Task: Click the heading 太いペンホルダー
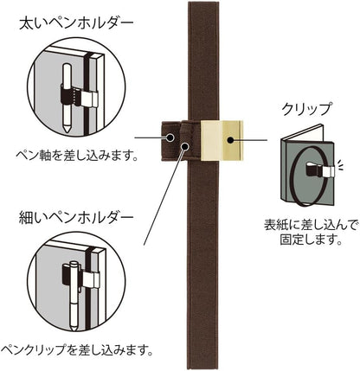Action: pyautogui.click(x=76, y=23)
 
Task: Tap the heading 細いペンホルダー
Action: pyautogui.click(x=76, y=218)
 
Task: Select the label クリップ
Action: pyautogui.click(x=305, y=109)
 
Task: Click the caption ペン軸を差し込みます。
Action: pyautogui.click(x=76, y=156)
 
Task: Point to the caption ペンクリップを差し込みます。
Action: pyautogui.click(x=76, y=349)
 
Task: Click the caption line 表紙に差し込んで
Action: pyautogui.click(x=312, y=225)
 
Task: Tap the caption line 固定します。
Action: pyautogui.click(x=311, y=239)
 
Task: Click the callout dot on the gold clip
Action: pyautogui.click(x=230, y=140)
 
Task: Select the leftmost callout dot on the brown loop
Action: pyautogui.click(x=170, y=138)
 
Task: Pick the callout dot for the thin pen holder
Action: pyautogui.click(x=185, y=146)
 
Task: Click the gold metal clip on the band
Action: pyautogui.click(x=222, y=140)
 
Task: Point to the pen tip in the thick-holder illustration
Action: pyautogui.click(x=67, y=129)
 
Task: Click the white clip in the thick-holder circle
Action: pyautogui.click(x=89, y=99)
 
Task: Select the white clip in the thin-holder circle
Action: pyautogui.click(x=92, y=279)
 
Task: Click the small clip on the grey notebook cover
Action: pyautogui.click(x=320, y=170)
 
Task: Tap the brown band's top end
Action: pyautogui.click(x=203, y=3)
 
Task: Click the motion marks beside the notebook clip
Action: pyautogui.click(x=341, y=165)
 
